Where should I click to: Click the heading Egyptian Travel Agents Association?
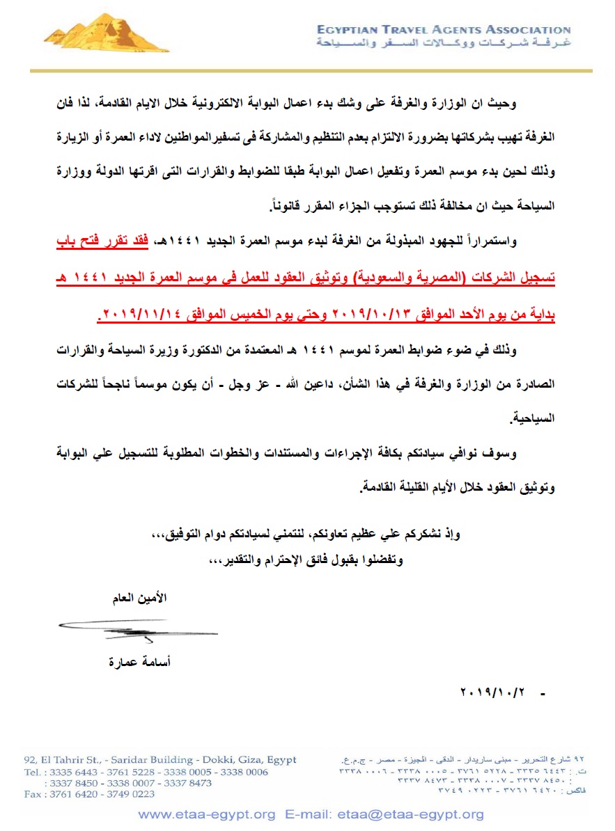[x=443, y=30]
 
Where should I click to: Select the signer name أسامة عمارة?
[x=139, y=662]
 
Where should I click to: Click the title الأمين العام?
[x=139, y=598]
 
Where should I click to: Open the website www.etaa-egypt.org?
[x=207, y=814]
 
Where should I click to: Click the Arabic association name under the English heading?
[x=443, y=43]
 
